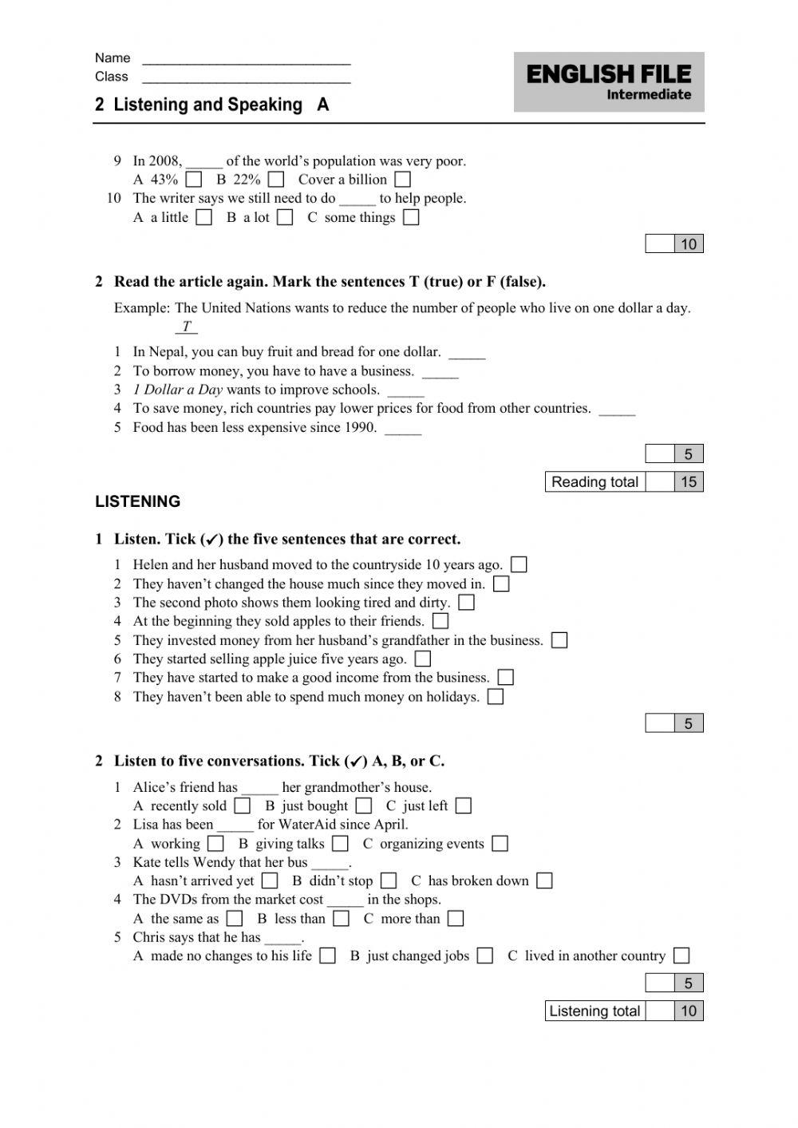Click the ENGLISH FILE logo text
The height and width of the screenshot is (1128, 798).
point(609,75)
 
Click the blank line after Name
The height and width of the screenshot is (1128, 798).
point(246,60)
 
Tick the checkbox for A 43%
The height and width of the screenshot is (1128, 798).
point(193,180)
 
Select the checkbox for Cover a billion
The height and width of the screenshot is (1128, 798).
point(403,180)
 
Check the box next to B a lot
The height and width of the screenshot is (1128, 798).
point(285,217)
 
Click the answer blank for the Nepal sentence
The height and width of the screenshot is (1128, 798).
point(467,354)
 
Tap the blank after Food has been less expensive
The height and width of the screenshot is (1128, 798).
point(403,429)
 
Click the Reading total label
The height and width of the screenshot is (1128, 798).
point(595,482)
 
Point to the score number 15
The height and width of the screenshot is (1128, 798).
point(688,482)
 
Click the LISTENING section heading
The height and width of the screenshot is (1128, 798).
point(137,501)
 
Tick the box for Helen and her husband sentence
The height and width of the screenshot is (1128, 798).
point(519,565)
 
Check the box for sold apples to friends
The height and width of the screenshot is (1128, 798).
point(440,621)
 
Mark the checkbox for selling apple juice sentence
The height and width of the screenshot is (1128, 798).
point(423,659)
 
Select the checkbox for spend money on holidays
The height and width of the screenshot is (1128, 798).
point(496,697)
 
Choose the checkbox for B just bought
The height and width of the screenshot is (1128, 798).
point(364,806)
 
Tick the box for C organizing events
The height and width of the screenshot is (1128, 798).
point(500,844)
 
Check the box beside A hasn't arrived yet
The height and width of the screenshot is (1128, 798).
point(270,881)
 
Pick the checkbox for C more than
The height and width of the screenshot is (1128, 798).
point(456,919)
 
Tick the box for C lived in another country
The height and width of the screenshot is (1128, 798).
point(681,956)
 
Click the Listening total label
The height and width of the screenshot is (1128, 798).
point(595,1011)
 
